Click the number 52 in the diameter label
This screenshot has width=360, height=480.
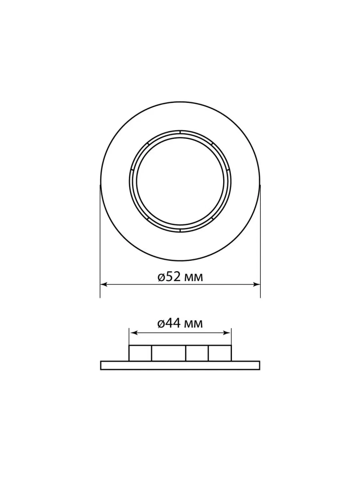[173, 277]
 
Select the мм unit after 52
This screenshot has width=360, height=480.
[194, 278]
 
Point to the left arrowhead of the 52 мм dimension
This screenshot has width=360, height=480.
[103, 284]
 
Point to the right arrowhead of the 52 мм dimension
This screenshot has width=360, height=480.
[257, 284]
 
